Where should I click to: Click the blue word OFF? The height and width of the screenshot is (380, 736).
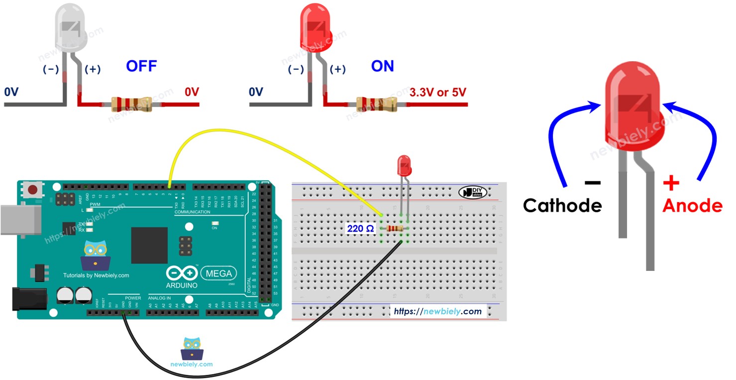tap(141, 66)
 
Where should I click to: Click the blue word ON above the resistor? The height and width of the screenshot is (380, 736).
tap(382, 66)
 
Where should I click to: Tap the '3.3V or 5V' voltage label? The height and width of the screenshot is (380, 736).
tap(438, 92)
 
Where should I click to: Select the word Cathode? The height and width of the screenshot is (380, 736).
tap(562, 205)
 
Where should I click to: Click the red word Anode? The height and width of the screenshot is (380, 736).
tap(693, 205)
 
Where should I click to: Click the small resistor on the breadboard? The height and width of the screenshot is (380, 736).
tap(394, 229)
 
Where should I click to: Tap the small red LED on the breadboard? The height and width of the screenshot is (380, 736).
tap(404, 165)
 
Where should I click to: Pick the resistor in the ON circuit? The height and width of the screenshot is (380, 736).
tap(376, 104)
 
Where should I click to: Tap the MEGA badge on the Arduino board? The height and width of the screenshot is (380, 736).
tap(218, 273)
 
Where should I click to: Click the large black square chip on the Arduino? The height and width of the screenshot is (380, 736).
tap(149, 245)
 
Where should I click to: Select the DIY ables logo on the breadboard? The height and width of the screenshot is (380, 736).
tap(472, 192)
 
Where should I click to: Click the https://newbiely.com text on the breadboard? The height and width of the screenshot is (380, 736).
tap(437, 311)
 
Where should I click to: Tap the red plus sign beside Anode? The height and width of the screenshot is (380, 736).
tap(671, 184)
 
